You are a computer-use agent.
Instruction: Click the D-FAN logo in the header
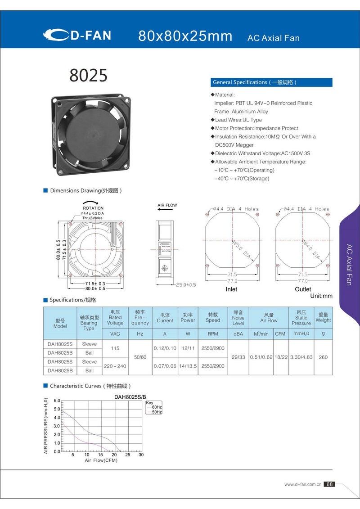77,35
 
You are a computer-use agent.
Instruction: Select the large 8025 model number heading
88,76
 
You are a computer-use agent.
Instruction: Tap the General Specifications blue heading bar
271,82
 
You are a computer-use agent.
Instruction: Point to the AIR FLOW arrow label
167,205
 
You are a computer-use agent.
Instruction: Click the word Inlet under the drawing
231,289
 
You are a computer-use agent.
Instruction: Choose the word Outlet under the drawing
302,289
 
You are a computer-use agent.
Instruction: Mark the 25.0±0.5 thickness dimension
185,285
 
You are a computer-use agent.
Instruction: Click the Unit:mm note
321,296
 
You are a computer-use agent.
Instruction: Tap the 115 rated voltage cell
115,348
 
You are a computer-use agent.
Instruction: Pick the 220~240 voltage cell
115,366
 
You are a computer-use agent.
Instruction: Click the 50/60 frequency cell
140,357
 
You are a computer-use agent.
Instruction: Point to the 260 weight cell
323,357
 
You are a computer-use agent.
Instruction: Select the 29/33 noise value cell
238,357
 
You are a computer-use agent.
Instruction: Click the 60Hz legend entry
157,407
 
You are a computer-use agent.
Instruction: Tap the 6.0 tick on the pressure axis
57,400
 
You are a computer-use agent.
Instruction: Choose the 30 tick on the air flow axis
141,455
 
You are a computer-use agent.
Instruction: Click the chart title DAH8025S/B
130,397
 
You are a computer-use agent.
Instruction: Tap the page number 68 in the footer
329,484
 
